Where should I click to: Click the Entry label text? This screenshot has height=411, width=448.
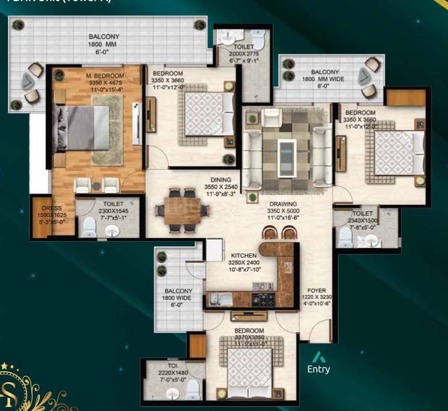319,370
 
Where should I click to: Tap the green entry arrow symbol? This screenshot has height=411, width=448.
319,357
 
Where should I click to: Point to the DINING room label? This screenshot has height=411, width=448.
222,180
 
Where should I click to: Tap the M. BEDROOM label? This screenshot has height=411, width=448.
105,76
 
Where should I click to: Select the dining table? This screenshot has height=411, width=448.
180,208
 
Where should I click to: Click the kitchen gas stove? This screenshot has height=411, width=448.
263,299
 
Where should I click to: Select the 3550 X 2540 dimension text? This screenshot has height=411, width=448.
221,187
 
